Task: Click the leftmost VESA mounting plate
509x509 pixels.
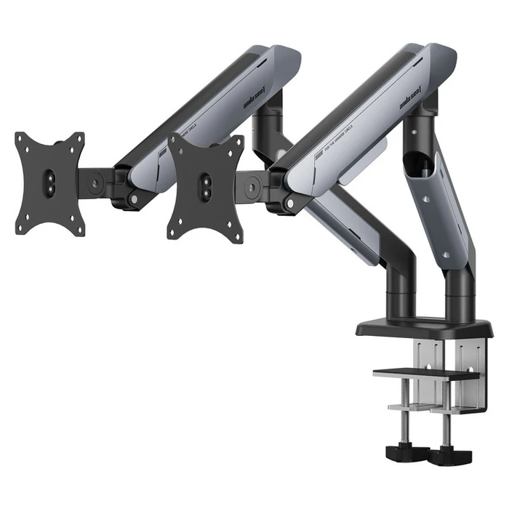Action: pyautogui.click(x=50, y=183)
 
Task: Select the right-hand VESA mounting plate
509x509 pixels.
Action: pyautogui.click(x=206, y=187)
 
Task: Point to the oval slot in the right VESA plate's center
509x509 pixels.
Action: pyautogui.click(x=206, y=182)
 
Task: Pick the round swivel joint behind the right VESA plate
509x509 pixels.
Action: pyautogui.click(x=251, y=186)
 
